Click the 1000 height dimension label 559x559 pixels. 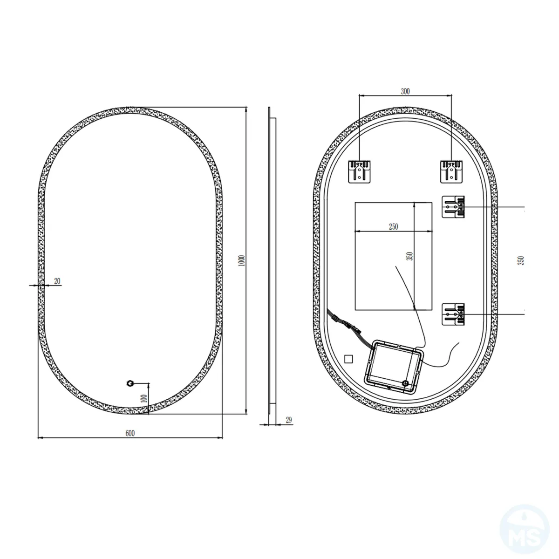click(241, 260)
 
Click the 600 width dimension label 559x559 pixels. click(130, 433)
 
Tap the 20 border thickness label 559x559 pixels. click(57, 281)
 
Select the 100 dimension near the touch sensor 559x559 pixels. click(143, 398)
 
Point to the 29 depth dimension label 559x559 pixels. click(288, 420)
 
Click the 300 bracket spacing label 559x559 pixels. click(405, 91)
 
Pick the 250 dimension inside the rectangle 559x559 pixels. click(393, 227)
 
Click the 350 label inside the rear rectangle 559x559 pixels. click(409, 256)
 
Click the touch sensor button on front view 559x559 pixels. click(130, 383)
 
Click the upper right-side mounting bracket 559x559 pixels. click(453, 206)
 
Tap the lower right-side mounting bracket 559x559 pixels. click(453, 314)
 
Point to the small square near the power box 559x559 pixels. click(348, 359)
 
